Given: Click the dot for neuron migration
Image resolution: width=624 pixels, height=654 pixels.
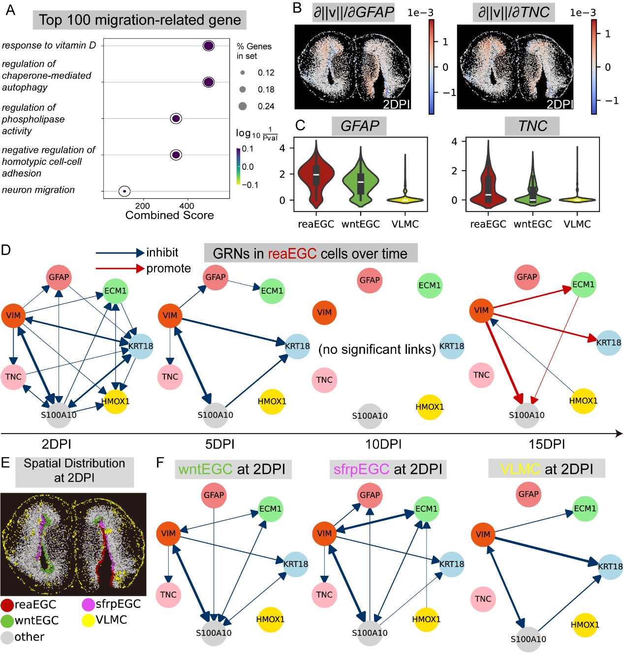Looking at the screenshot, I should tap(125, 191).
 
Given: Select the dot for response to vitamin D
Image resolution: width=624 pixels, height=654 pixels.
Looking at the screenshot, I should tap(208, 46).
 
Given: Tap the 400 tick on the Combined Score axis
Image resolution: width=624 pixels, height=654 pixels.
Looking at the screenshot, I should tap(187, 206).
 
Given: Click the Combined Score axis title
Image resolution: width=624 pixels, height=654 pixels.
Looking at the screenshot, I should tap(169, 215).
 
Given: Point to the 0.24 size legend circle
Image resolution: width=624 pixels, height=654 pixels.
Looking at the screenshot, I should tap(243, 106).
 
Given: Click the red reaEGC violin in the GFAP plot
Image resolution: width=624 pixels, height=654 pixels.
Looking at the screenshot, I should tap(316, 177).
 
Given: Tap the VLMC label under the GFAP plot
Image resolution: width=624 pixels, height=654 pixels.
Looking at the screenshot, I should tap(405, 224).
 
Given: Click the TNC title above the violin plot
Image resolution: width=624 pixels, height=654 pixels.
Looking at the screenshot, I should tap(532, 126).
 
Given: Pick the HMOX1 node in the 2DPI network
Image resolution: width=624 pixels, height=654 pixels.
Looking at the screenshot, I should tap(116, 402).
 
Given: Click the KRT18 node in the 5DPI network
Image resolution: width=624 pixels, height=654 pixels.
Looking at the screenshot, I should tap(297, 346).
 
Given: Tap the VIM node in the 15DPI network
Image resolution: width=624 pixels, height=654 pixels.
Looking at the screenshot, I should tap(481, 311).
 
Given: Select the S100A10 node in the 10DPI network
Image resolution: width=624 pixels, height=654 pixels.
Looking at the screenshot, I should tap(370, 416).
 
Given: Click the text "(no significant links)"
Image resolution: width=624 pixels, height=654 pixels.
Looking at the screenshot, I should tap(377, 349).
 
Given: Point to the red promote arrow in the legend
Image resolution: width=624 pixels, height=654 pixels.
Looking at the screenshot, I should tap(120, 269).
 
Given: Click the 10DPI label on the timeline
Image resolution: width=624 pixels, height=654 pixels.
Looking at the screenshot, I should tap(383, 444).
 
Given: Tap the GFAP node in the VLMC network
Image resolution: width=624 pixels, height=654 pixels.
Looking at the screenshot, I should tap(529, 494).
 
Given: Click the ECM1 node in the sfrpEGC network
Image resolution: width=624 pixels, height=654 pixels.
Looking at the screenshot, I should tap(426, 509).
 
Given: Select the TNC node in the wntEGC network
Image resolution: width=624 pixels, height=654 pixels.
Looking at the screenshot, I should tap(168, 594).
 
